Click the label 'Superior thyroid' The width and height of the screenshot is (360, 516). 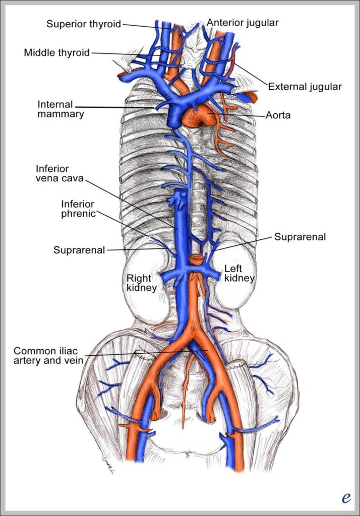pyautogui.click(x=84, y=24)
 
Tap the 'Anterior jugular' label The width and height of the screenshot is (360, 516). pyautogui.click(x=243, y=23)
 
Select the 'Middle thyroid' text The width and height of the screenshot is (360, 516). pyautogui.click(x=56, y=52)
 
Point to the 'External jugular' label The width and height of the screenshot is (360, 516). pyautogui.click(x=305, y=87)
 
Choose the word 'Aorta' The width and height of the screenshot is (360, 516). pyautogui.click(x=278, y=115)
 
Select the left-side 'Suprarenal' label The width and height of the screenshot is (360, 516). pyautogui.click(x=79, y=249)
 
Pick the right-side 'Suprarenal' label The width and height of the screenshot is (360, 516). pyautogui.click(x=300, y=236)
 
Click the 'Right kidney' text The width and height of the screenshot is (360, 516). pyautogui.click(x=141, y=283)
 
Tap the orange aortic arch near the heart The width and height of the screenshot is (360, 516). pyautogui.click(x=199, y=116)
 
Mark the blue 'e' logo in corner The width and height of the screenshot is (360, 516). pyautogui.click(x=346, y=498)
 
